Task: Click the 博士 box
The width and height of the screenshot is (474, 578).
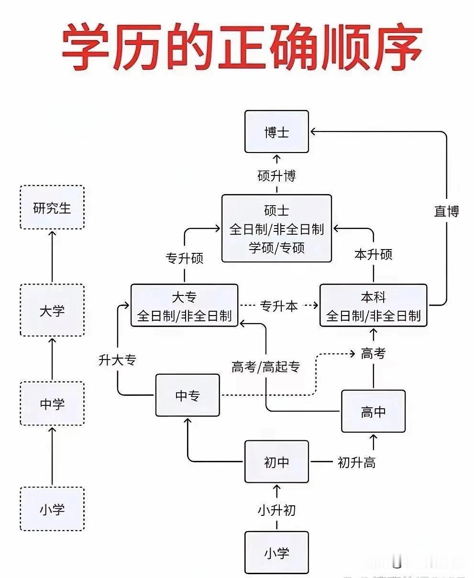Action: [x=276, y=131]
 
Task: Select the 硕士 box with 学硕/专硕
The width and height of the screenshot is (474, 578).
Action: [x=276, y=229]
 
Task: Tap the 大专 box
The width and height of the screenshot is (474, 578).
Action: [x=184, y=305]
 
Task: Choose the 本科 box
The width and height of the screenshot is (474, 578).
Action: [x=373, y=305]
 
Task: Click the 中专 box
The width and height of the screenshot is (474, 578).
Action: [x=187, y=395]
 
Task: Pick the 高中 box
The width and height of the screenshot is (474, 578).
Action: [x=373, y=411]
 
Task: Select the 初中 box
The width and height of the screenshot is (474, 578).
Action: [x=276, y=462]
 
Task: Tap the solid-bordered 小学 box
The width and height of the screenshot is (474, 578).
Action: [x=276, y=553]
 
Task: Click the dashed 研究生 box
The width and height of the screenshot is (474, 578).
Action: [x=52, y=207]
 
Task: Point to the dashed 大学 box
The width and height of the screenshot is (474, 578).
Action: [x=52, y=310]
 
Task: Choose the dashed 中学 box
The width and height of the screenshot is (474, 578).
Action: [x=52, y=404]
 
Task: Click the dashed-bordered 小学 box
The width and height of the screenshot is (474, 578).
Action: [x=52, y=509]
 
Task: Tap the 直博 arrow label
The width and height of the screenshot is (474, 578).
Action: [x=446, y=211]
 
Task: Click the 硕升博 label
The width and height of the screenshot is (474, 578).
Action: [x=276, y=176]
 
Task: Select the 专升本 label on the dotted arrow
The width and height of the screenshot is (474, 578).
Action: [x=279, y=305]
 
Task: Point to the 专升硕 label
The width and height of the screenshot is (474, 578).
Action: [x=184, y=258]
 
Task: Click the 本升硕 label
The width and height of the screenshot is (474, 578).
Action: [x=373, y=254]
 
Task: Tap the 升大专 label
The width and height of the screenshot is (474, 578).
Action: [x=117, y=360]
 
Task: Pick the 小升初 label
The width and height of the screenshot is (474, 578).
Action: [x=276, y=510]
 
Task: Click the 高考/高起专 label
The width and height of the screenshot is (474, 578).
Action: [x=265, y=367]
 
